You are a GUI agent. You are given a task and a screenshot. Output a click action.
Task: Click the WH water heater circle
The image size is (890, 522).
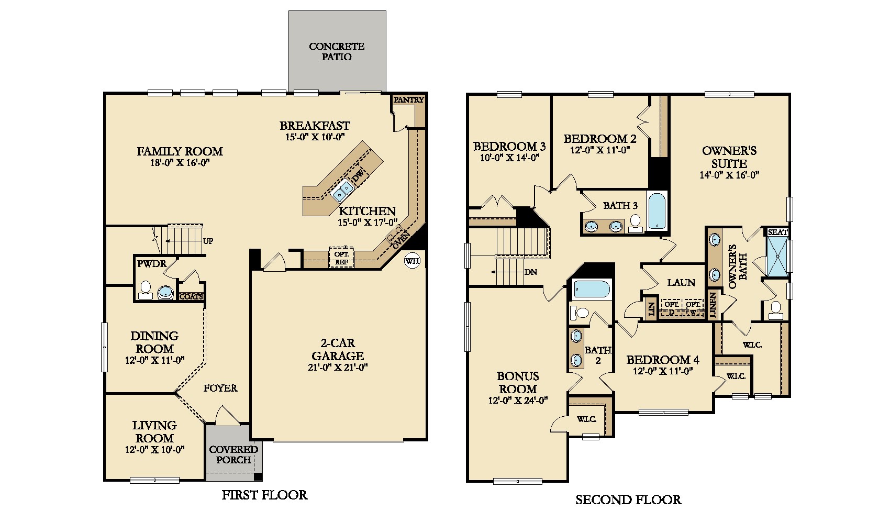pyautogui.click(x=412, y=261)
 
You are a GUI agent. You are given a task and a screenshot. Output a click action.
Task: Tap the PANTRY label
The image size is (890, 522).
pyautogui.click(x=408, y=99)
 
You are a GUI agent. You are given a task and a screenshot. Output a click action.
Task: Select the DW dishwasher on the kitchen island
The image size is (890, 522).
pyautogui.click(x=359, y=175)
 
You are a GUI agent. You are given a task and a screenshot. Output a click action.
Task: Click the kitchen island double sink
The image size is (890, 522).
pyautogui.click(x=342, y=190)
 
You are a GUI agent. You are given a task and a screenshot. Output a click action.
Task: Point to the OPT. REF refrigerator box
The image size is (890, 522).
pyautogui.click(x=341, y=258)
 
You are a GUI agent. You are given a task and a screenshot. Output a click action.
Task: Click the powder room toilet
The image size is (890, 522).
pyautogui.click(x=145, y=291)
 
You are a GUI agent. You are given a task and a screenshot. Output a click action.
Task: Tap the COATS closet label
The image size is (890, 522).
pyautogui.click(x=191, y=297)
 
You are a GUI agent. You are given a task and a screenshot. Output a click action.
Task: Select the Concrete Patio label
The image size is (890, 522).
pyautogui.click(x=337, y=52)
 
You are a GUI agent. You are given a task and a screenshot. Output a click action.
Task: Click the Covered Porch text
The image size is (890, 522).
pyautogui.click(x=233, y=454)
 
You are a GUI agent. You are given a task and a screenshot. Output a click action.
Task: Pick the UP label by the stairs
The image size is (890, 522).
pyautogui.click(x=208, y=241)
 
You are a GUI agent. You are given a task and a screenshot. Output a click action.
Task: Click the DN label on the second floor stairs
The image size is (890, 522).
pyautogui.click(x=530, y=272)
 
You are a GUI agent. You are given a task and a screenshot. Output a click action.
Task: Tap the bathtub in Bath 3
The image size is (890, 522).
pyautogui.click(x=657, y=212)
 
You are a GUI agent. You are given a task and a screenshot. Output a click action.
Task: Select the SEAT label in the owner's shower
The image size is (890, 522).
pyautogui.click(x=777, y=232)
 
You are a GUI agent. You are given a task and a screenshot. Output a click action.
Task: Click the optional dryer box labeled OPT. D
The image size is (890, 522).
pyautogui.click(x=671, y=308)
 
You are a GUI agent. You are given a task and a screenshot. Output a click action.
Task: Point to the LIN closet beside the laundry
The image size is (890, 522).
pyautogui.click(x=651, y=308)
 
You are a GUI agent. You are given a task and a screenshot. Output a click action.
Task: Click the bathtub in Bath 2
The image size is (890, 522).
pyautogui.click(x=592, y=289)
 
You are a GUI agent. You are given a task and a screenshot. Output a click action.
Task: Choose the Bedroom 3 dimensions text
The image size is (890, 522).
pyautogui.click(x=509, y=158)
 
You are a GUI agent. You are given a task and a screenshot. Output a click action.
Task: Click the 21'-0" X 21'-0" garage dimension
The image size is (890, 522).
pyautogui.click(x=337, y=368)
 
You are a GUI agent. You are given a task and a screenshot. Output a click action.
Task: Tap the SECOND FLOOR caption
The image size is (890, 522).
pyautogui.click(x=628, y=499)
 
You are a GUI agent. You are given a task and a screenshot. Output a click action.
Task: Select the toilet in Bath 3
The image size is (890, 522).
pyautogui.click(x=636, y=224)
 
